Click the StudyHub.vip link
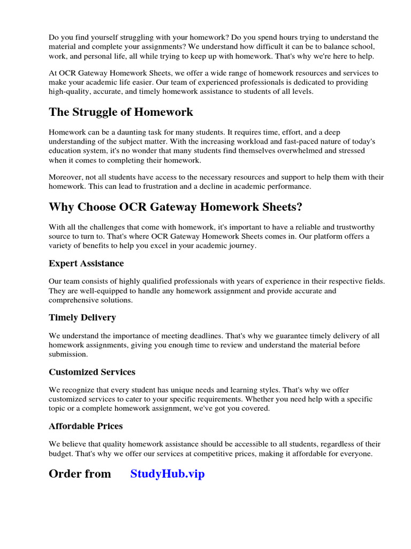tap(168, 474)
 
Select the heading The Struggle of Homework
tap(121, 112)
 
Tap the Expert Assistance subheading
tap(86, 263)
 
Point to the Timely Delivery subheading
tap(82, 317)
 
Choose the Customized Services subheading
tap(92, 372)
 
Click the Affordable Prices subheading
tap(86, 426)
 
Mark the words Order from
tap(80, 474)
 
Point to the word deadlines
tap(210, 336)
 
